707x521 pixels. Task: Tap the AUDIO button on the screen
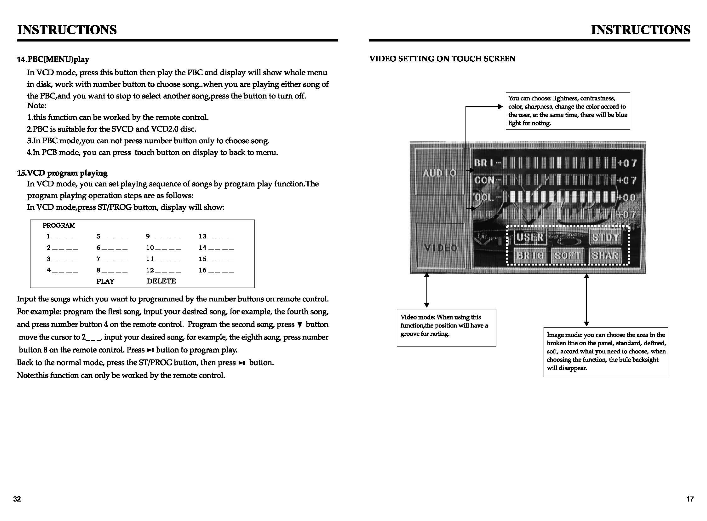[x=439, y=173]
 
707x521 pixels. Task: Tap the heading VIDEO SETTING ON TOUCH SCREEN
[x=442, y=59]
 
